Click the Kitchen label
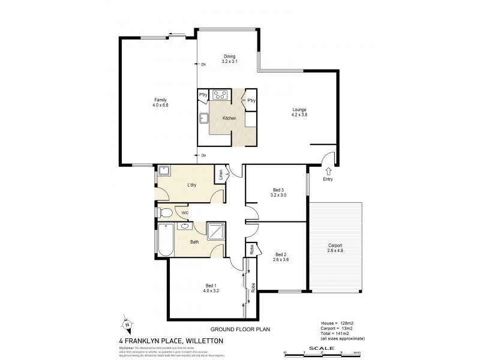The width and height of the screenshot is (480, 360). (x=229, y=118)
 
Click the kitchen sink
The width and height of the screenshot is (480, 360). (x=203, y=118)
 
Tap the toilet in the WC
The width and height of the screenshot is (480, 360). (x=166, y=212)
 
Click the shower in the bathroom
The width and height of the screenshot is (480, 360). (x=215, y=231)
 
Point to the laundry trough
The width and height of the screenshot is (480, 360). (x=163, y=171)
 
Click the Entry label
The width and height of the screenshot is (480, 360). (x=328, y=179)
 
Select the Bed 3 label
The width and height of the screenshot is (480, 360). (x=277, y=192)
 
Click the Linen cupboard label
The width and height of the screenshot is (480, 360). (x=221, y=175)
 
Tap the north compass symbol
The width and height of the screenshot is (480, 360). (x=127, y=325)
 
